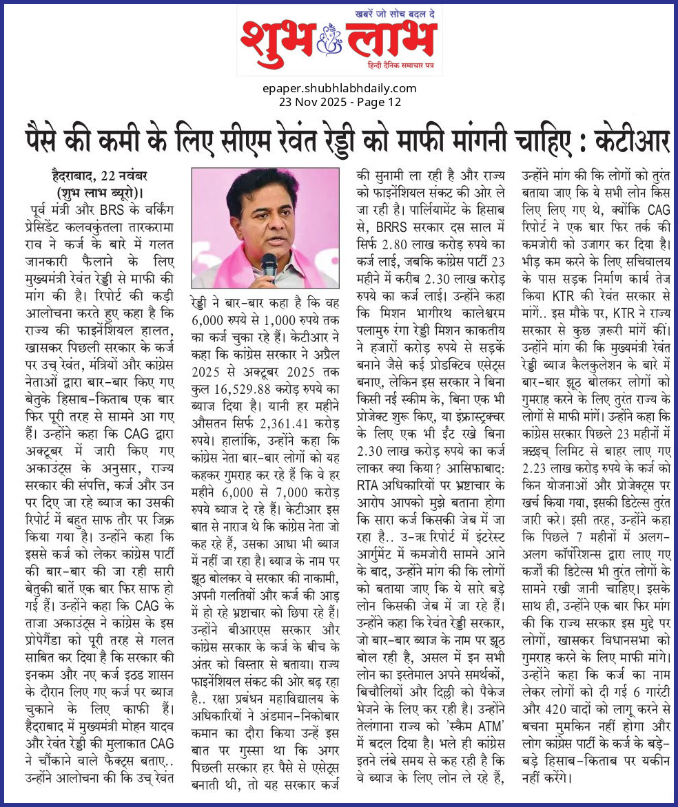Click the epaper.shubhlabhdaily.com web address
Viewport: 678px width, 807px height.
tap(339, 88)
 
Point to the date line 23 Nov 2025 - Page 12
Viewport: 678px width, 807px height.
tap(339, 102)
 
